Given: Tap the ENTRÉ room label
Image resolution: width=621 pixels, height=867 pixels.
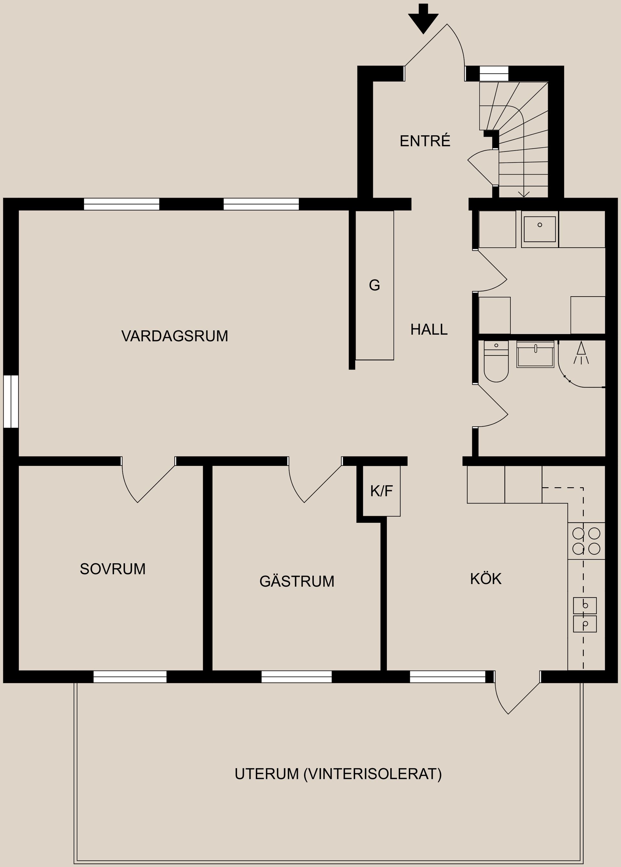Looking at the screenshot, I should (x=425, y=141).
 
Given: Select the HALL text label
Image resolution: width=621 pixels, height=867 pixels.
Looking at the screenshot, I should (x=429, y=330).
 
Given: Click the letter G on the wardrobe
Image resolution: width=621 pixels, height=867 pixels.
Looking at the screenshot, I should (x=374, y=285).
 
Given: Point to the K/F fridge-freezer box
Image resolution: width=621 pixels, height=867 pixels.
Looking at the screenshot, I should (x=381, y=491).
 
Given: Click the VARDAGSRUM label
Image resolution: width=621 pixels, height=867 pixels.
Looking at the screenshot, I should (x=175, y=336).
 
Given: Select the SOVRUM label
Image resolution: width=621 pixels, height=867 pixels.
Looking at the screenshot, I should (x=113, y=569).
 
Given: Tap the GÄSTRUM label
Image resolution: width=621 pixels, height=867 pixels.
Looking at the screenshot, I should (x=297, y=581).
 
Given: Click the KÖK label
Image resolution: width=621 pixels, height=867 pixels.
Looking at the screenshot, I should (x=485, y=579).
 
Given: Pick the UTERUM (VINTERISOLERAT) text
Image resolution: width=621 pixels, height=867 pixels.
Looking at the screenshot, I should (x=338, y=774).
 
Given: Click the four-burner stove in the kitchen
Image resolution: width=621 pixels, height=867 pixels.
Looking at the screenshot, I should (x=586, y=541).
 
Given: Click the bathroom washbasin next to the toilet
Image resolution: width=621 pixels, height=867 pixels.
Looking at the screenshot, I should (x=535, y=354).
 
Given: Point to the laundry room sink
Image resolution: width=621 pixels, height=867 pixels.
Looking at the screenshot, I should (x=539, y=229).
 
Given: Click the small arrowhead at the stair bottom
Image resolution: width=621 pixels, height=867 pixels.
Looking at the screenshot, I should (x=524, y=194).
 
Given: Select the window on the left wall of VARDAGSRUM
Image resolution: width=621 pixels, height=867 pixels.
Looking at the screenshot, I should (x=11, y=401).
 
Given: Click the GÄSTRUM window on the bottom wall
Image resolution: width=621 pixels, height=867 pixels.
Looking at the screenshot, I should (x=296, y=677).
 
